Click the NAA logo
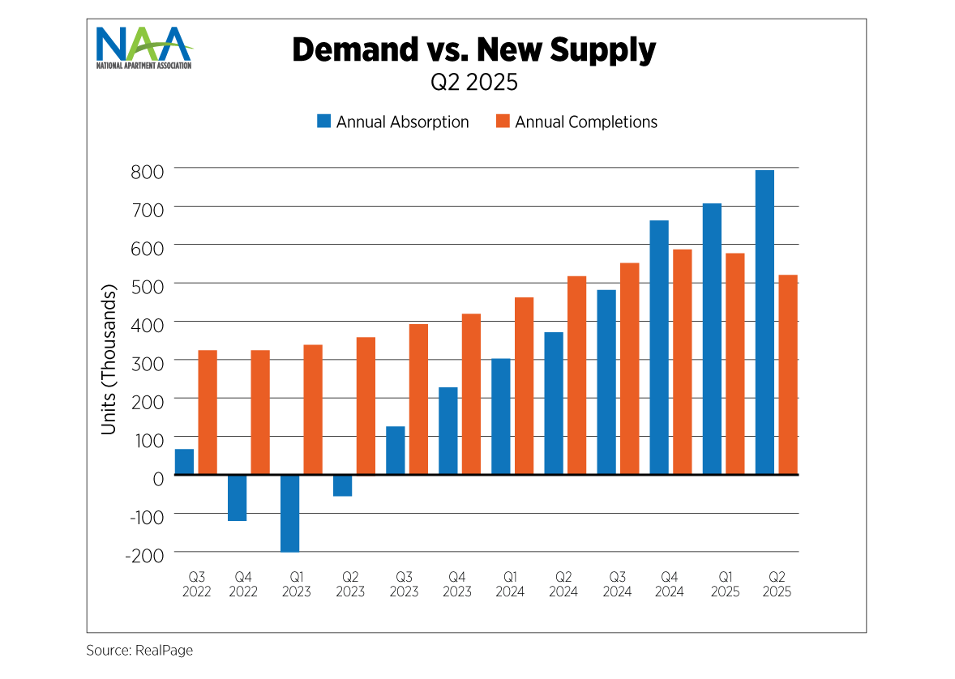(x=143, y=48)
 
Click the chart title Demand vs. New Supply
(x=473, y=50)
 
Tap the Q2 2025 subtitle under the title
(x=474, y=82)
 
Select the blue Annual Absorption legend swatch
(x=324, y=122)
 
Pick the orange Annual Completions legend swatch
(x=503, y=122)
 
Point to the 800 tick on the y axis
(x=148, y=170)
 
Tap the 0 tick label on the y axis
(x=158, y=476)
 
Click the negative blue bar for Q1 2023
(x=290, y=513)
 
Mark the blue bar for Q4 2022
(x=238, y=498)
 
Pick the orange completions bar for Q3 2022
(x=208, y=412)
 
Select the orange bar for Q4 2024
(x=683, y=361)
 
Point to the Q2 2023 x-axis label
(x=350, y=584)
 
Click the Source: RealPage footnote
(x=139, y=650)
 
